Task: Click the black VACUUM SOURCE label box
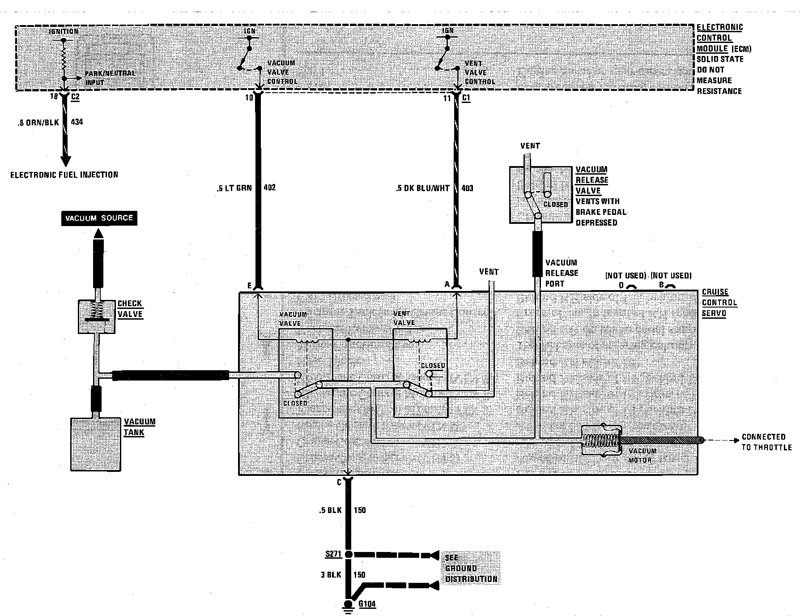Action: click(x=99, y=218)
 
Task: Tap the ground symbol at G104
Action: click(x=348, y=606)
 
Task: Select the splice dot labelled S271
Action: click(x=349, y=554)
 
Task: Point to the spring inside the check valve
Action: click(x=97, y=309)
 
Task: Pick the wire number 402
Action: click(x=270, y=188)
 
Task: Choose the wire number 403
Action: click(x=467, y=188)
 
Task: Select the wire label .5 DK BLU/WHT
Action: click(x=423, y=188)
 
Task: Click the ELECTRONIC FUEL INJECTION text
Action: click(x=64, y=175)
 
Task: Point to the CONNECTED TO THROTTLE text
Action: click(x=766, y=442)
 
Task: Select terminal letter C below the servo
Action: click(x=339, y=482)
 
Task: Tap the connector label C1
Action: click(x=466, y=98)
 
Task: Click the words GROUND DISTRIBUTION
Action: click(x=471, y=573)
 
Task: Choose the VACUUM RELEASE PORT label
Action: click(x=562, y=273)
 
